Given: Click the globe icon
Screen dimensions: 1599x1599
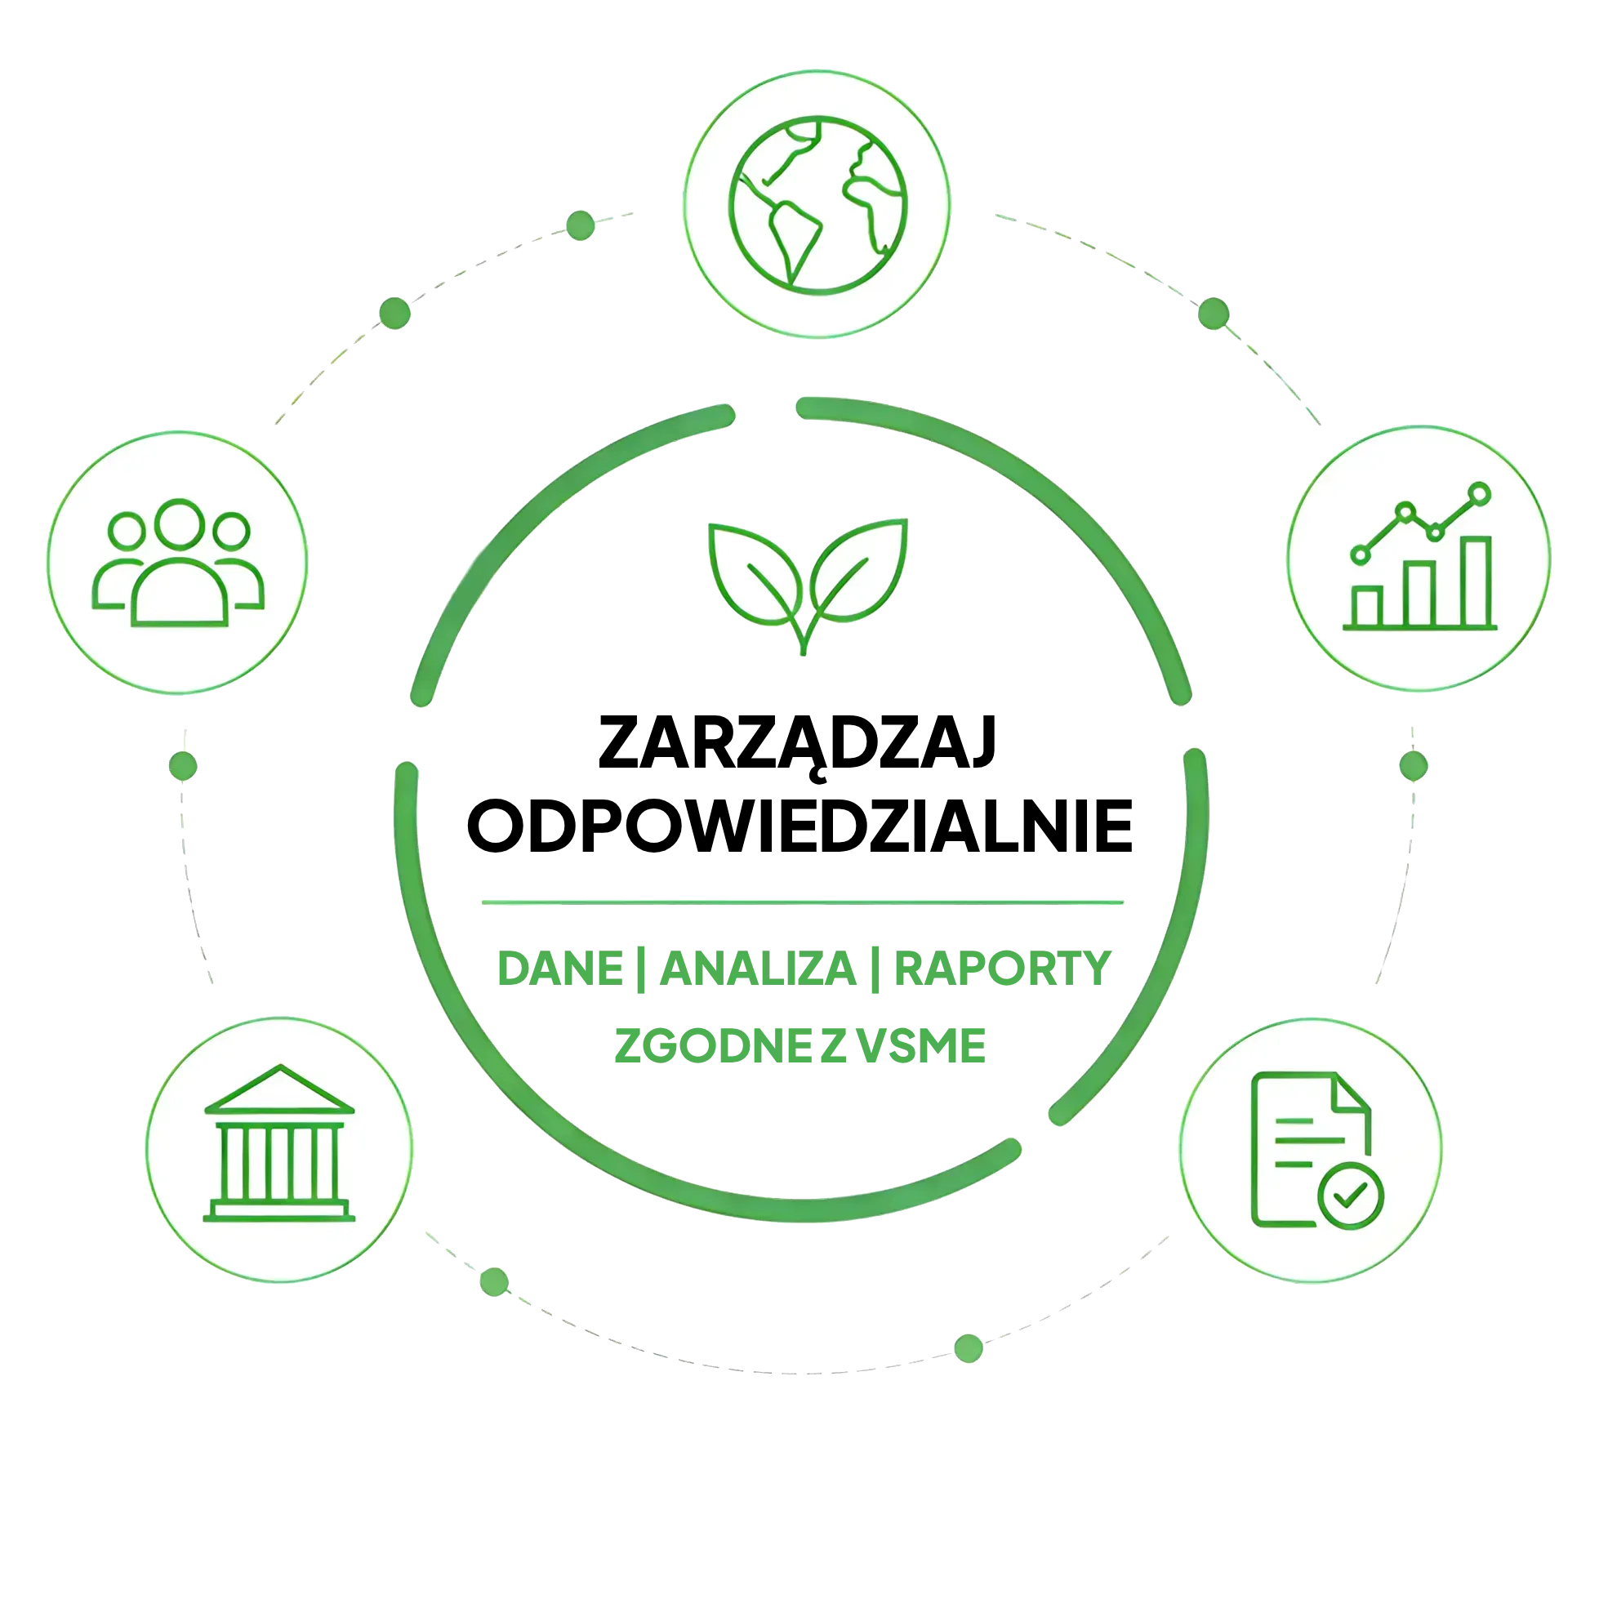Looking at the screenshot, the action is pos(817,204).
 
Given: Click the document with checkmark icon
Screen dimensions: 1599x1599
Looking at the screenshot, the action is pos(1316,1151).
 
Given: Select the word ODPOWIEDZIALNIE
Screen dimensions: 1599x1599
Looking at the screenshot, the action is pos(800,826).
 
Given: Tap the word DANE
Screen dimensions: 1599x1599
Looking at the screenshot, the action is pos(560,969).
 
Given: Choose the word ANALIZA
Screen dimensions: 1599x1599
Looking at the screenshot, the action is pos(758,969).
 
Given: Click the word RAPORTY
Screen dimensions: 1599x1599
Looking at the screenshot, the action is pos(1002,969).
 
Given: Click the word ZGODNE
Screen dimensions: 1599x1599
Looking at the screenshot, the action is pos(714,1046).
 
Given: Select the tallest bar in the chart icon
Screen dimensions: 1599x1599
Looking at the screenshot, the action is pos(1476,581).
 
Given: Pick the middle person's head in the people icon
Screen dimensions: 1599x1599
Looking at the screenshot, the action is pos(180,523).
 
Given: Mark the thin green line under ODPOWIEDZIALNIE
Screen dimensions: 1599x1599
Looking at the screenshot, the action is pos(803,902).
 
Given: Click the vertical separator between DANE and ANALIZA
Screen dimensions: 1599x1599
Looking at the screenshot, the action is pos(641,970).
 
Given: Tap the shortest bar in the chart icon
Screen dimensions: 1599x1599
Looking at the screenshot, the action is pos(1366,607).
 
